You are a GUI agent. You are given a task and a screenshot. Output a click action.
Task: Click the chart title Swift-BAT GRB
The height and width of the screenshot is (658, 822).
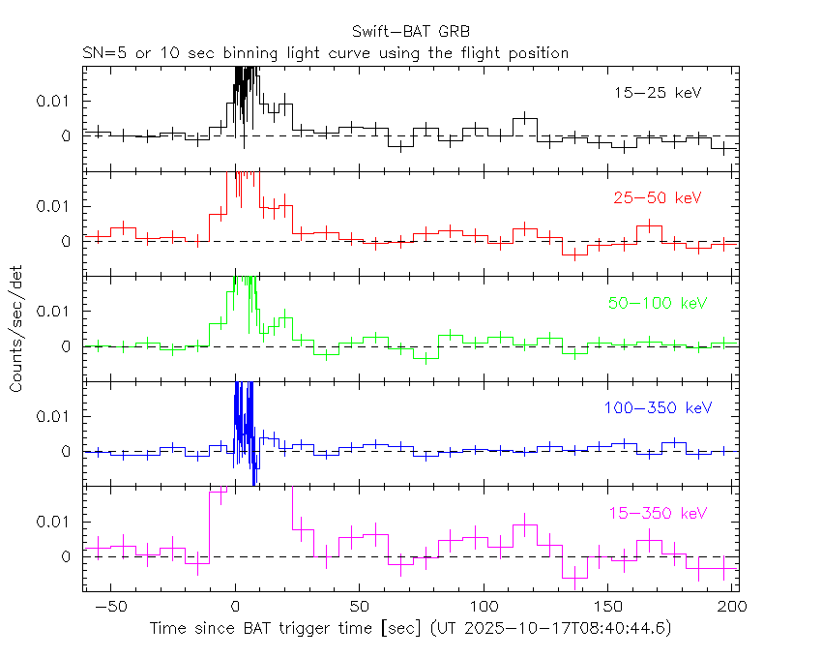tap(410, 31)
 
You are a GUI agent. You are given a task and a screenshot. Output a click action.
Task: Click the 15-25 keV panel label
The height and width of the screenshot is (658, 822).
tap(657, 93)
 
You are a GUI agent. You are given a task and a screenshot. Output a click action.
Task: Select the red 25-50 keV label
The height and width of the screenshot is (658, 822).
tap(657, 198)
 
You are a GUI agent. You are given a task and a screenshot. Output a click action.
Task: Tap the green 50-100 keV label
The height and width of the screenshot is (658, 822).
tap(658, 303)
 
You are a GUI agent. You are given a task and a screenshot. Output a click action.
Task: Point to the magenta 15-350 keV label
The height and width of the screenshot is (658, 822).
tap(657, 513)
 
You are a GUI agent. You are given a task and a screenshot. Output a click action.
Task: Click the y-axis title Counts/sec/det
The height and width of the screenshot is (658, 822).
tap(16, 328)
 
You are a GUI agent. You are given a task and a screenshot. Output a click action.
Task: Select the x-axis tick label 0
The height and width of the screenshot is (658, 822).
tap(235, 606)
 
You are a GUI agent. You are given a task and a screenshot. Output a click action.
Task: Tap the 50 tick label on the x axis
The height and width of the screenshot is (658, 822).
tap(360, 606)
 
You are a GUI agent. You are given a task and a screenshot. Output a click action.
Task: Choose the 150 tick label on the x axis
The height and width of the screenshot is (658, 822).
tap(608, 606)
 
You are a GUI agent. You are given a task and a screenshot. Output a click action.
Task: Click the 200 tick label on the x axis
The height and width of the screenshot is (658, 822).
tap(732, 606)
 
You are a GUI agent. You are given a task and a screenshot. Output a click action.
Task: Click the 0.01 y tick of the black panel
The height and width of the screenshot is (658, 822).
tap(54, 101)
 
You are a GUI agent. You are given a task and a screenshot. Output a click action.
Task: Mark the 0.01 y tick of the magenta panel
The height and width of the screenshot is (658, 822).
tap(54, 521)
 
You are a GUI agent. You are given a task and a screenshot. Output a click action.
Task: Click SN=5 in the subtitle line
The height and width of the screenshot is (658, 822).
tap(103, 53)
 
